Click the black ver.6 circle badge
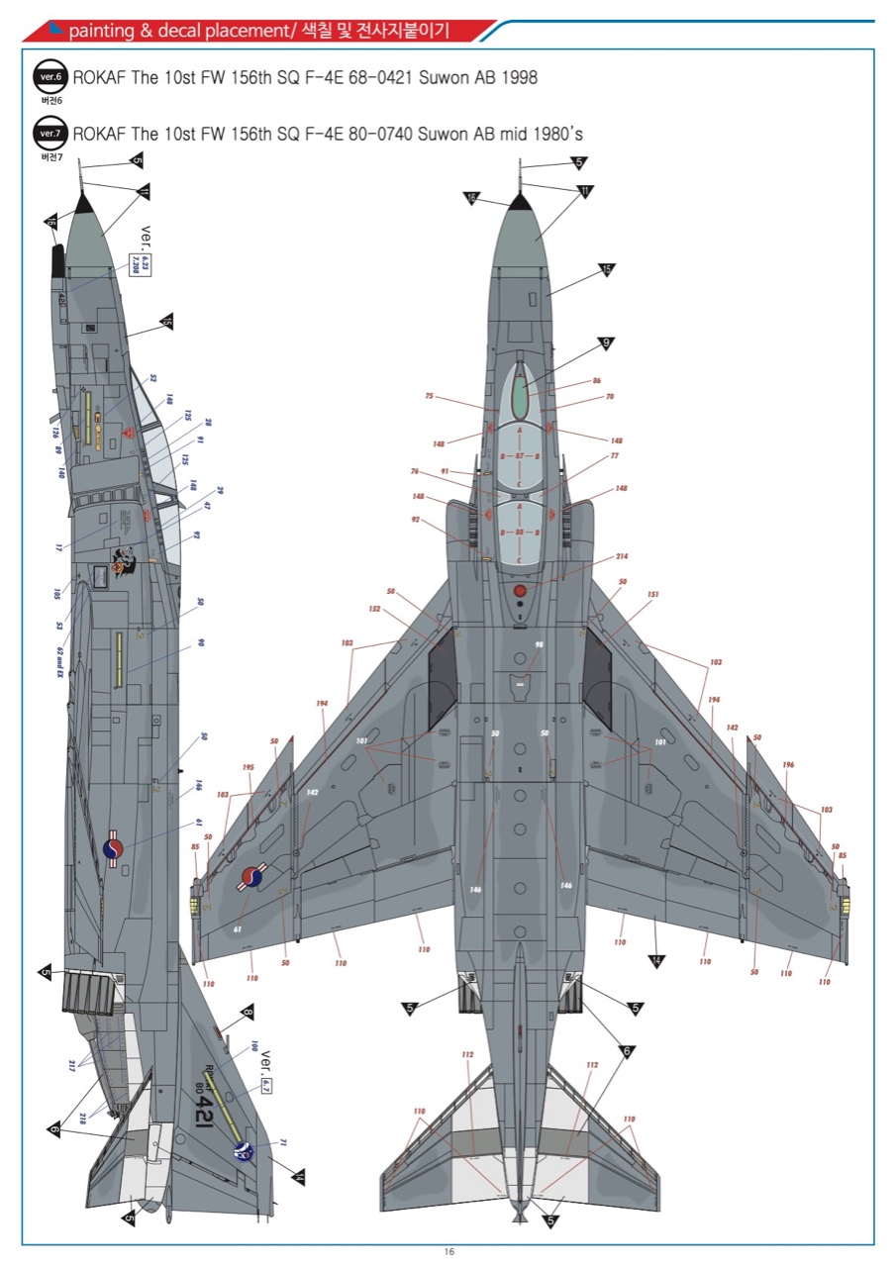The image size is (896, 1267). pyautogui.click(x=50, y=77)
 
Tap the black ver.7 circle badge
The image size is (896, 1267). pyautogui.click(x=50, y=133)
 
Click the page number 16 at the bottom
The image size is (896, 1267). pyautogui.click(x=448, y=1252)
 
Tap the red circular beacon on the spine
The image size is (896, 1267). pyautogui.click(x=521, y=590)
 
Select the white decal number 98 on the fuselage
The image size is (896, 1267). pyautogui.click(x=540, y=644)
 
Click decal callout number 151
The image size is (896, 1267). pyautogui.click(x=653, y=595)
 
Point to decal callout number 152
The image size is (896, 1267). pyautogui.click(x=374, y=609)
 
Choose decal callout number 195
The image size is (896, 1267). pyautogui.click(x=248, y=767)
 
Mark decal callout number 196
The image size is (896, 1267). pyautogui.click(x=788, y=764)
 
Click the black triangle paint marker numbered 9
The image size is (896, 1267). pyautogui.click(x=605, y=344)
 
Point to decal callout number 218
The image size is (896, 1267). pyautogui.click(x=81, y=1119)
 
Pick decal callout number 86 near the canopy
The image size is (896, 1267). pyautogui.click(x=596, y=381)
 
